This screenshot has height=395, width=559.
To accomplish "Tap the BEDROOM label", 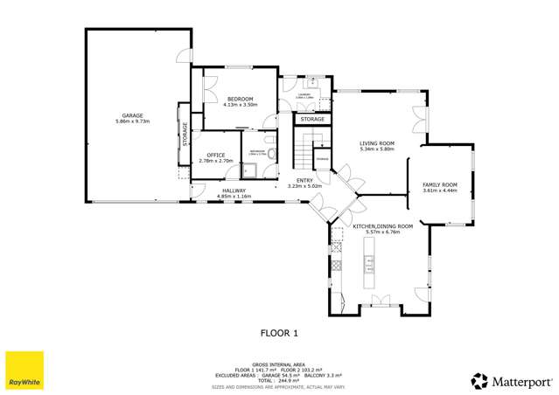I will pos(241,100).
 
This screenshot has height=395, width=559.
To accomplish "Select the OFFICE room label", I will pos(215,155).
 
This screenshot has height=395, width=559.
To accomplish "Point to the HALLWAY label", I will pos(234,191).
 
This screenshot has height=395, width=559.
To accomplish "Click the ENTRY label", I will pos(304,180).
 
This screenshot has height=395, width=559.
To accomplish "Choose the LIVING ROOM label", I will pos(377,143).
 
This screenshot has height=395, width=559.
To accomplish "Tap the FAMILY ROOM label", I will pos(440,184).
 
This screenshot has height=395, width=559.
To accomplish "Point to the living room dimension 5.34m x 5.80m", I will pos(377,149).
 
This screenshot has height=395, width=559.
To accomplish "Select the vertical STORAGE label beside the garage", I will pos(185,134).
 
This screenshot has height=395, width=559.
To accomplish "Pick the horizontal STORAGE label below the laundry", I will pos(312,119).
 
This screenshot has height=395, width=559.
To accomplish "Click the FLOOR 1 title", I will pos(280,332).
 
